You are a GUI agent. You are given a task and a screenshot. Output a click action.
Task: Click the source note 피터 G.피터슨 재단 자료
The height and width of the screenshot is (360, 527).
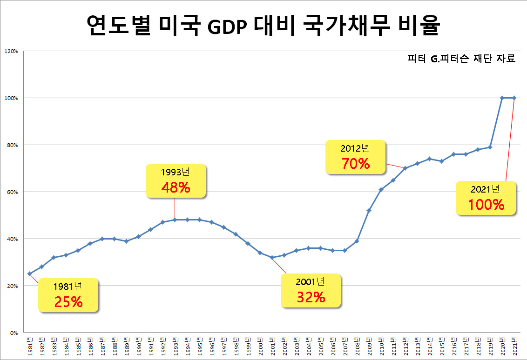461,59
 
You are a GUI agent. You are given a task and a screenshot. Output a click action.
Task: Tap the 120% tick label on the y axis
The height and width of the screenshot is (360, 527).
11,51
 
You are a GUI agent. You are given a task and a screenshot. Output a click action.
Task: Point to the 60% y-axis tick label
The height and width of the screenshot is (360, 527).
12,192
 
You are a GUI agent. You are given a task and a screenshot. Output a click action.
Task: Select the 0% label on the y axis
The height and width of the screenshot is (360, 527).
14,333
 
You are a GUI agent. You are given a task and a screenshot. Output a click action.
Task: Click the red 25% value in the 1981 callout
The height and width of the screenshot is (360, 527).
68,302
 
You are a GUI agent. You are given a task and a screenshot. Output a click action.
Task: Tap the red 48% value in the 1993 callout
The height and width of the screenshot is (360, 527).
176,187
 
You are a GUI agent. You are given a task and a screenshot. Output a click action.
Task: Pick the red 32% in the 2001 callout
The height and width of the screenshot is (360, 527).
311,297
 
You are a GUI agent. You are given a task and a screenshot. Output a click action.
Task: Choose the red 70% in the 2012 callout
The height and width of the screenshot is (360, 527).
355,164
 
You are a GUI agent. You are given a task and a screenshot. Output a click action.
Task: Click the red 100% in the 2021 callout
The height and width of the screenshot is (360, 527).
486,205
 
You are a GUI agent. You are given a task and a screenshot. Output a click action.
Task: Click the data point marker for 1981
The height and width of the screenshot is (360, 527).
29,273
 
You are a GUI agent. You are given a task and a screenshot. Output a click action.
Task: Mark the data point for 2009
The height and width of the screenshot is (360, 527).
369,210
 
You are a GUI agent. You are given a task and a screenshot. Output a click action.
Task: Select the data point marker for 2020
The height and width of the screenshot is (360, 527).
502,98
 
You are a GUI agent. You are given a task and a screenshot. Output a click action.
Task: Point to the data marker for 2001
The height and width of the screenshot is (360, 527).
272,257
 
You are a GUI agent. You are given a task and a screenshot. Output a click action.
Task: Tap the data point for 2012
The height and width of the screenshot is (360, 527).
405,168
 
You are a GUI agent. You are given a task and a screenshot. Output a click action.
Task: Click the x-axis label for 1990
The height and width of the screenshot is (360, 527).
139,346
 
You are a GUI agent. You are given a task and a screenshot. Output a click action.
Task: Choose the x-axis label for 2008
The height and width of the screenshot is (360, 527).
357,346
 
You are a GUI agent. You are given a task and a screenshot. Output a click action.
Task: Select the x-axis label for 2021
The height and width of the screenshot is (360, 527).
514,346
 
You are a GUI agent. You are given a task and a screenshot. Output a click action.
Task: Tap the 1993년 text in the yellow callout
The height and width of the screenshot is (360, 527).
175,172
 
